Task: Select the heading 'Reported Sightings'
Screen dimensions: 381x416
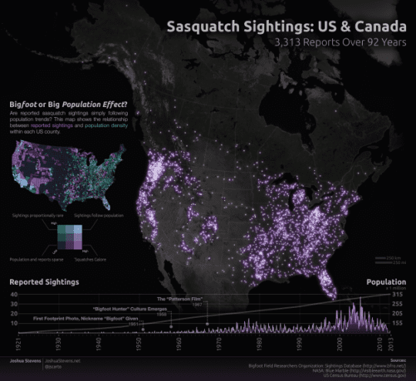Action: [x=44, y=282]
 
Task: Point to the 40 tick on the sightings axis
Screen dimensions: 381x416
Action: [x=13, y=295]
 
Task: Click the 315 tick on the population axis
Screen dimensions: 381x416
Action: [x=398, y=295]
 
